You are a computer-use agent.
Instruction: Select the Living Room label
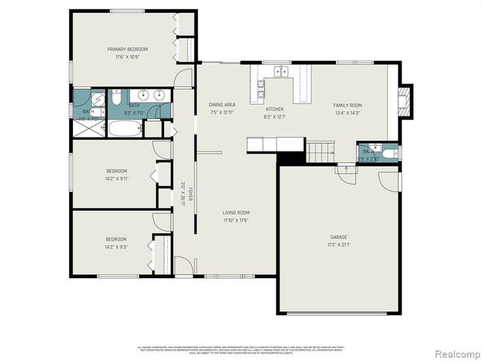click(x=236, y=213)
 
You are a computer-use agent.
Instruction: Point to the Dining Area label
click(x=221, y=105)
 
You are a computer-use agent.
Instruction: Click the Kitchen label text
click(x=274, y=109)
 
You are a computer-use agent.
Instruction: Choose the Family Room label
click(x=347, y=105)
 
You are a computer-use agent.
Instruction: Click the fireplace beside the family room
click(x=405, y=100)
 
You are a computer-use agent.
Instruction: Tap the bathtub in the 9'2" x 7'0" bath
click(x=124, y=127)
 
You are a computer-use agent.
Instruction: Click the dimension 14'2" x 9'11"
click(x=117, y=179)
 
